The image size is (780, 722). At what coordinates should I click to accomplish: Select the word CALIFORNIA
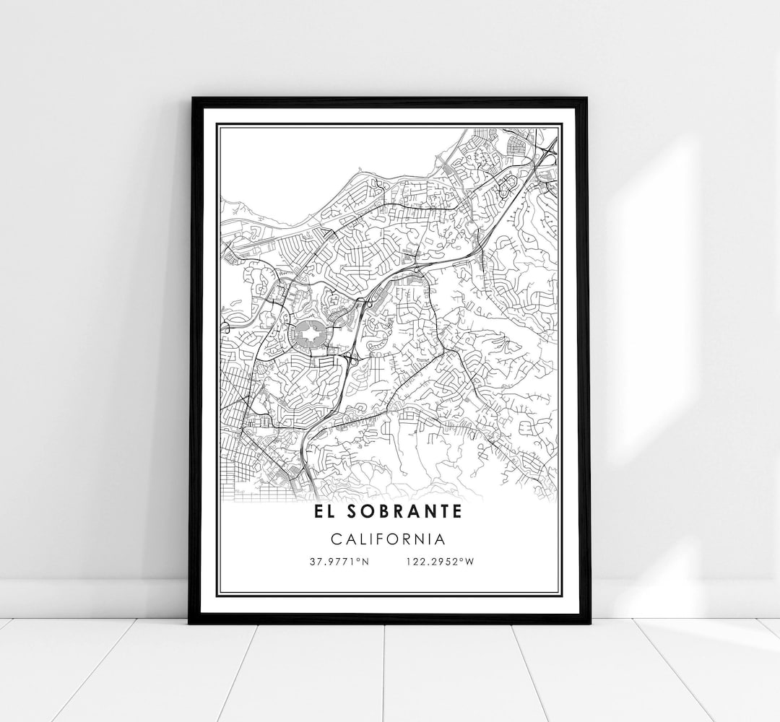pyautogui.click(x=389, y=539)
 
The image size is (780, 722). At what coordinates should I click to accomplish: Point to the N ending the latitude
pyautogui.click(x=366, y=562)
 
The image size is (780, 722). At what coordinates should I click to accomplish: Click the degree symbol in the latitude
pyautogui.click(x=361, y=560)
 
